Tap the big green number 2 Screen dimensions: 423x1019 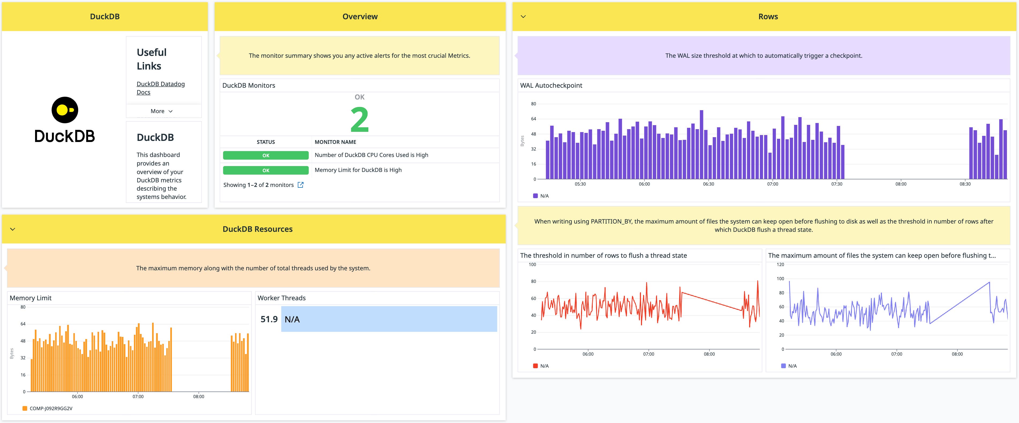pos(359,120)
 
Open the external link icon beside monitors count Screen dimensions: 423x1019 pos(301,185)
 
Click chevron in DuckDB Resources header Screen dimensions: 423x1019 pos(13,229)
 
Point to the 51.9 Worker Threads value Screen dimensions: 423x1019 pos(269,319)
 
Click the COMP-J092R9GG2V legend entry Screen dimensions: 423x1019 pos(51,408)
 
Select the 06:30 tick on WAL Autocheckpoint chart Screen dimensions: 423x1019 pos(708,184)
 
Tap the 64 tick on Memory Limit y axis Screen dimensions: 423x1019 pos(23,324)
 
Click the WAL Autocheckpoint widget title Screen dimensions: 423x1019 pos(551,85)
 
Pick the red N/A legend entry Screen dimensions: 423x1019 pos(544,366)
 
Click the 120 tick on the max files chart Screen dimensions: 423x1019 pos(780,265)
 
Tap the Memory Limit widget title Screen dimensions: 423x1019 pos(31,298)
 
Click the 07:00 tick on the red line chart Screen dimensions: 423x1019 pos(648,354)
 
